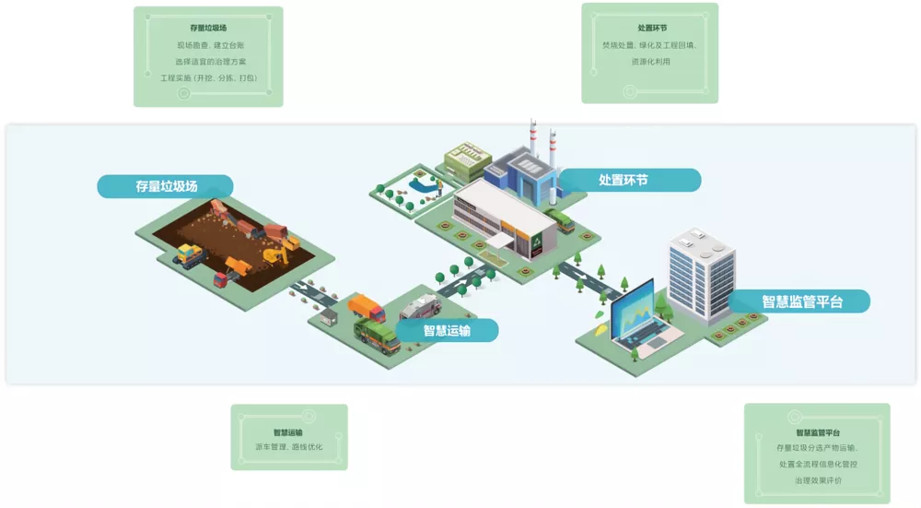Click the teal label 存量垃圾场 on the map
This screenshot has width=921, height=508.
(x=166, y=186)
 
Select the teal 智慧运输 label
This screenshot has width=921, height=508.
(x=447, y=330)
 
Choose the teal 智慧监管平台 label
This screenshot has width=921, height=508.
(x=801, y=301)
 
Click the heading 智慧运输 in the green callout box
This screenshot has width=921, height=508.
(x=287, y=431)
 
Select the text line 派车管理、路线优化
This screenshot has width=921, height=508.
(x=288, y=447)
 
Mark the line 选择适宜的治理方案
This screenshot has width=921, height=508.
(x=208, y=62)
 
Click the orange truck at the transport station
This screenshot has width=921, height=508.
(x=367, y=307)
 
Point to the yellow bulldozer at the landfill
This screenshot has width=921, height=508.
(x=189, y=254)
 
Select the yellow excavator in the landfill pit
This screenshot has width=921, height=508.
(x=276, y=254)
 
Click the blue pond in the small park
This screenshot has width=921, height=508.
(x=423, y=185)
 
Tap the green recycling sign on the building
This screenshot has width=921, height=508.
(x=536, y=242)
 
